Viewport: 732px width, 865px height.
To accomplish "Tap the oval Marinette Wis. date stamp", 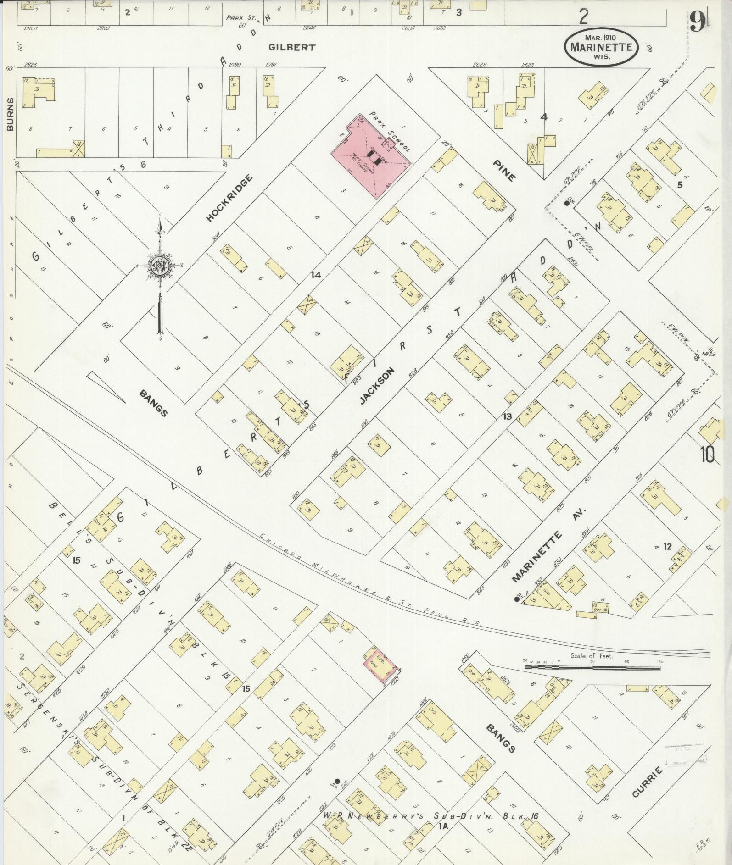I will pos(601,46).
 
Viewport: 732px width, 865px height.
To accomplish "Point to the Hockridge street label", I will pos(229,198).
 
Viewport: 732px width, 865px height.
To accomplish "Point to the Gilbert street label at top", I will pos(292,47).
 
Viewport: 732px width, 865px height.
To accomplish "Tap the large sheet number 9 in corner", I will pos(697,21).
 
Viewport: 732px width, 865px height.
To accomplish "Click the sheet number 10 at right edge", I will pos(707,455).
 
